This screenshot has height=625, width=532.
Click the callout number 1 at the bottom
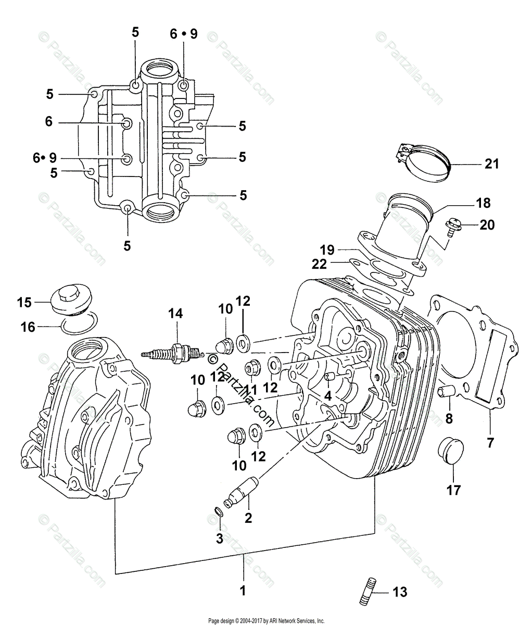(x=243, y=591)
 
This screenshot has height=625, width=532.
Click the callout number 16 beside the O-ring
(x=28, y=327)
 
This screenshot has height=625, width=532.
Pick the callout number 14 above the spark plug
(x=175, y=314)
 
